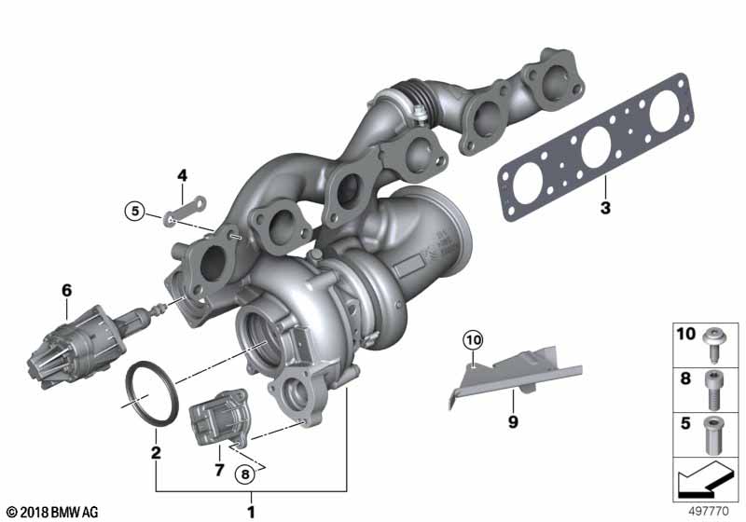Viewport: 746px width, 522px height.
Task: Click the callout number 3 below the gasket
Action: pos(605,208)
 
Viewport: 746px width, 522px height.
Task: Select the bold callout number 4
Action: pos(182,175)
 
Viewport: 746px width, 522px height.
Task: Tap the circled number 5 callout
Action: pos(135,211)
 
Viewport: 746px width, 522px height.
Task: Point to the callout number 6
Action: pos(66,290)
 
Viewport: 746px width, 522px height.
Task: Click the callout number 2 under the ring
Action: pos(156,453)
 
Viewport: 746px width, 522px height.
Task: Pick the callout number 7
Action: pos(219,470)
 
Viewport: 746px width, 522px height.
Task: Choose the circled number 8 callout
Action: pos(245,474)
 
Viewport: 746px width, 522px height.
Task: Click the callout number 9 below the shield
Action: pos(513,422)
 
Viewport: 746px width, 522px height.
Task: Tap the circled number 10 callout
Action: pos(474,340)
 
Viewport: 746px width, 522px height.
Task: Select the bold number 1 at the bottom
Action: pos(251,513)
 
